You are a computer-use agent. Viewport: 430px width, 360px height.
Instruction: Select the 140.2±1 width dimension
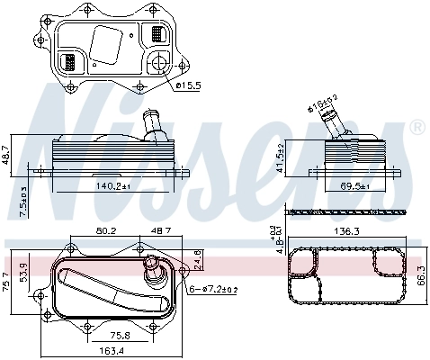pos(113,186)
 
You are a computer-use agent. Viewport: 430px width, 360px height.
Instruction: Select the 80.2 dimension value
pos(106,232)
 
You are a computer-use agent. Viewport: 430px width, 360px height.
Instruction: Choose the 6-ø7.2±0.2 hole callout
pos(215,288)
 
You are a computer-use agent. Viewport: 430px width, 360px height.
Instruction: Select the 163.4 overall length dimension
pos(111,351)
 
